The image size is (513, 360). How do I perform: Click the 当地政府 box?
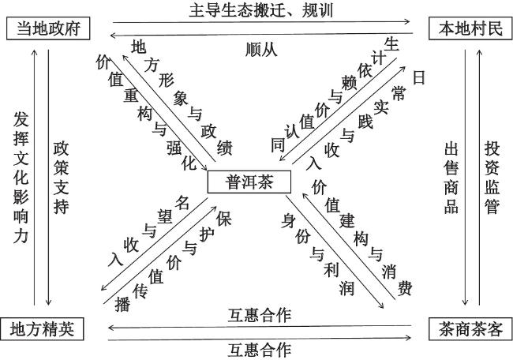click(48, 28)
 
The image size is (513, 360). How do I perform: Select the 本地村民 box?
click(470, 28)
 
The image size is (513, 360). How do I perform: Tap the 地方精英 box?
click(42, 329)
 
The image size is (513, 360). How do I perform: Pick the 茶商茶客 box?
click(470, 329)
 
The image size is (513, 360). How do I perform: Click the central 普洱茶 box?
click(249, 182)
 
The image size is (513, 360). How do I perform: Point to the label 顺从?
click(261, 50)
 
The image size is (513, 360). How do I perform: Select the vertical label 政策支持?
click(62, 178)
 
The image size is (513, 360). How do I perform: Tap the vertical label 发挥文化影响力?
click(21, 178)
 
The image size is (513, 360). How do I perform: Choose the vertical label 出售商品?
click(451, 178)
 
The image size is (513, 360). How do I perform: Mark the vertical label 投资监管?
click(492, 178)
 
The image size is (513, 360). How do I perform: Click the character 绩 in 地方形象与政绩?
click(224, 148)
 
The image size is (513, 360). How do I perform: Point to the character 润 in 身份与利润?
click(346, 288)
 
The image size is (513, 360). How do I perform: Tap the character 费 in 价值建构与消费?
click(405, 288)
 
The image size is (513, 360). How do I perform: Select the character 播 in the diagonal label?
click(122, 305)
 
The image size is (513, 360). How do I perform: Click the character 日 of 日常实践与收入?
click(419, 77)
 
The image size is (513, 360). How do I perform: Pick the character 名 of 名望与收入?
click(182, 203)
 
